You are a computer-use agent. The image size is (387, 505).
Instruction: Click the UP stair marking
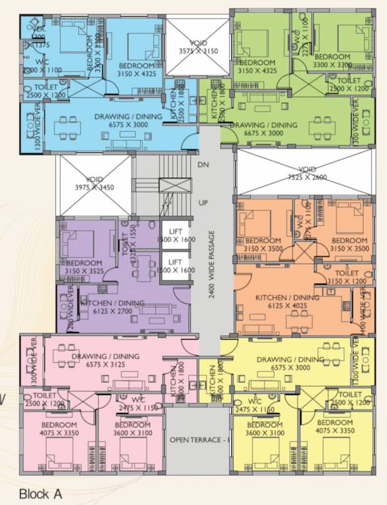coord(203,203)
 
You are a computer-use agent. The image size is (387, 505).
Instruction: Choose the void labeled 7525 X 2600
coord(307,173)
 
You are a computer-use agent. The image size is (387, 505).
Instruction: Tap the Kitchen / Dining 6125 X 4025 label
coord(287,302)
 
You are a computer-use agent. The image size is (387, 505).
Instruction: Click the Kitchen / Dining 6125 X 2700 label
coord(108,307)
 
